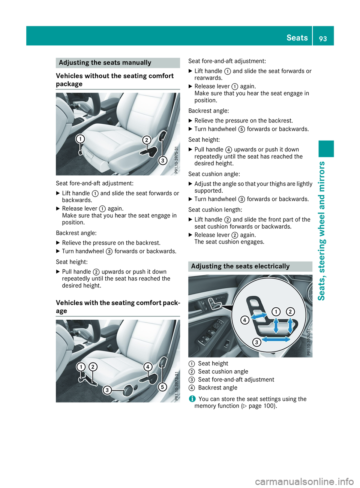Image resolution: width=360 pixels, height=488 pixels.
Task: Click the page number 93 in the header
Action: click(x=323, y=38)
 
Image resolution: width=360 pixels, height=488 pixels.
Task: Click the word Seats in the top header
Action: click(x=297, y=37)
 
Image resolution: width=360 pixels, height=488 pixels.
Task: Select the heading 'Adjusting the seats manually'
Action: click(x=105, y=63)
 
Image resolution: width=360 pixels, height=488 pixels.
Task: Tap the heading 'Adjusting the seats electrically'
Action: click(x=240, y=266)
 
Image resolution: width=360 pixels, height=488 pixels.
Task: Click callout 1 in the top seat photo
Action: click(x=80, y=139)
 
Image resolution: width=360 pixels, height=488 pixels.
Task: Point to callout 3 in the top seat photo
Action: click(x=162, y=161)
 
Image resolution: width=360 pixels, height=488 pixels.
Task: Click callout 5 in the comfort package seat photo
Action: click(x=162, y=387)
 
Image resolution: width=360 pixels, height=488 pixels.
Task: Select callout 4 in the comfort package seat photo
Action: click(x=148, y=367)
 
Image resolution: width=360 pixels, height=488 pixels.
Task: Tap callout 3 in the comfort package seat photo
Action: click(x=107, y=390)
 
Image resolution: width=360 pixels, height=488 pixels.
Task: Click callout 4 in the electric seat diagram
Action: click(x=244, y=320)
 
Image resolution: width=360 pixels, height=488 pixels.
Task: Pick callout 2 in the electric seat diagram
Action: click(x=290, y=311)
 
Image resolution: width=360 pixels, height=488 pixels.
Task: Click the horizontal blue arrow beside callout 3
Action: click(x=276, y=339)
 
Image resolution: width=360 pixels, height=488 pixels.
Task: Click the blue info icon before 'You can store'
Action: click(x=192, y=399)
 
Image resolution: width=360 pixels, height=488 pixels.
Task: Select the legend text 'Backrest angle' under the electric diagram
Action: click(x=217, y=388)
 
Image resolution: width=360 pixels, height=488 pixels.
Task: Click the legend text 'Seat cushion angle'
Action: click(x=223, y=371)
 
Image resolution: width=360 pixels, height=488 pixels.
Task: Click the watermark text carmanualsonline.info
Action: click(x=304, y=481)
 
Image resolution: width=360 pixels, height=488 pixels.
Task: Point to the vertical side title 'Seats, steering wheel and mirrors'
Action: click(x=321, y=231)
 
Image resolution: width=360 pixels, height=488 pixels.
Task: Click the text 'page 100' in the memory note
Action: click(x=261, y=406)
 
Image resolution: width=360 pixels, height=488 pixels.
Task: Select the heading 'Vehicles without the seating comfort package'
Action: click(x=115, y=80)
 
